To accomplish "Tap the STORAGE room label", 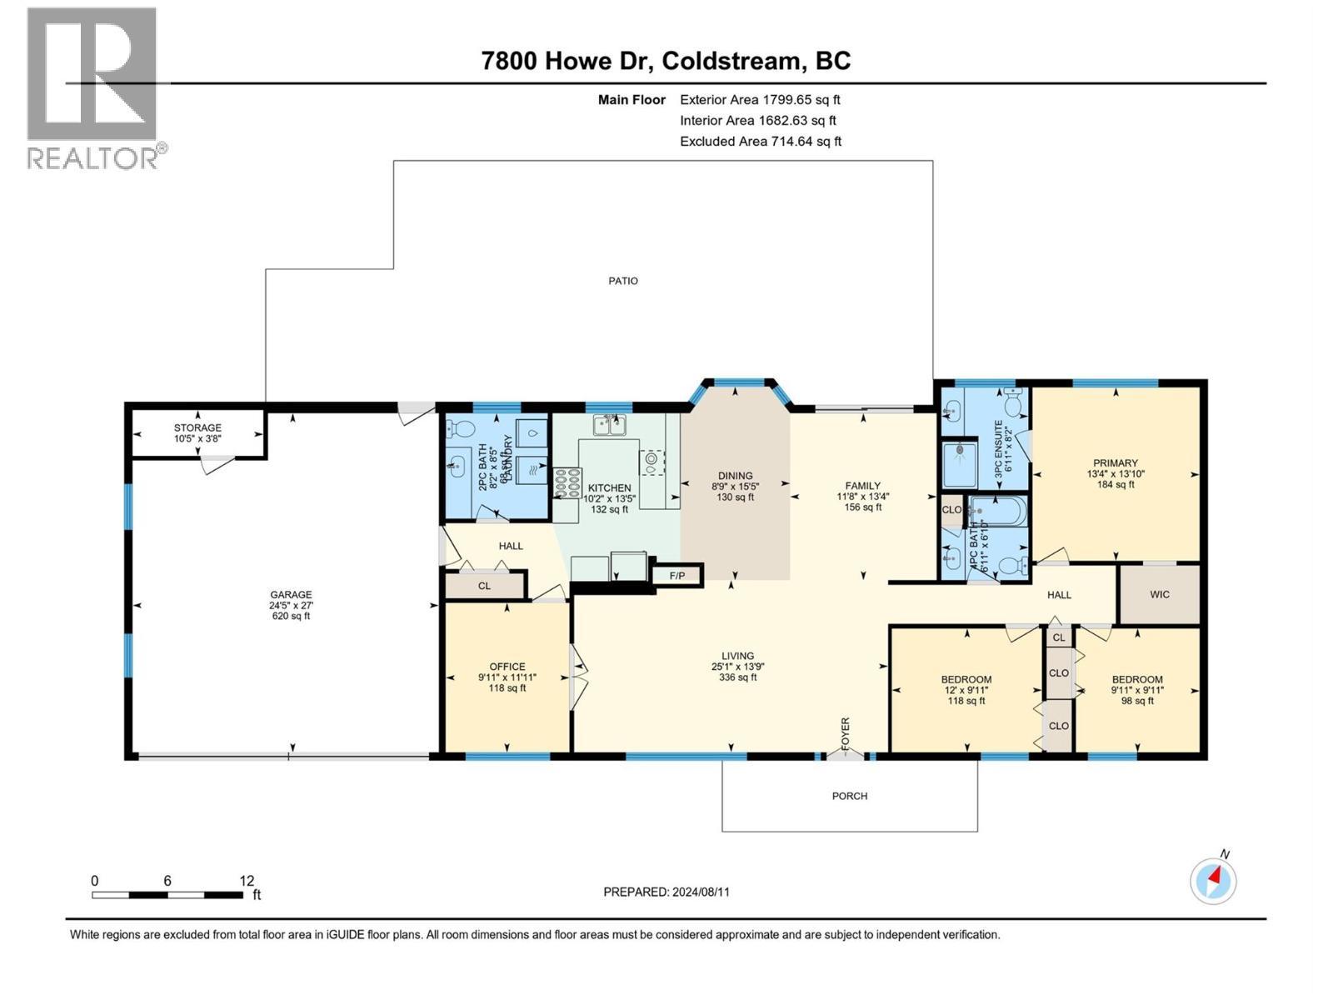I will coord(197,427).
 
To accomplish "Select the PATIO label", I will coord(623,281).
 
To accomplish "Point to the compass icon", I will coord(1213,880).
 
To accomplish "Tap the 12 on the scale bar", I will coord(247,881).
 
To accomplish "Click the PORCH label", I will coord(850,796).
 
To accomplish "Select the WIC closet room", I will coord(1159,594).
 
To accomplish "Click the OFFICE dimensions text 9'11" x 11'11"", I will coord(507,677).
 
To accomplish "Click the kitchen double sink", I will coord(610,426).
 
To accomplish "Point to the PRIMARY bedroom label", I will coord(1116,463).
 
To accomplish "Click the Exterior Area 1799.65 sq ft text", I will coord(760,99).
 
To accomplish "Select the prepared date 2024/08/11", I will coord(700,892).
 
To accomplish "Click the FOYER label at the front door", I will coord(845,733).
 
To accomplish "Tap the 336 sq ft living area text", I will coord(737,677).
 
